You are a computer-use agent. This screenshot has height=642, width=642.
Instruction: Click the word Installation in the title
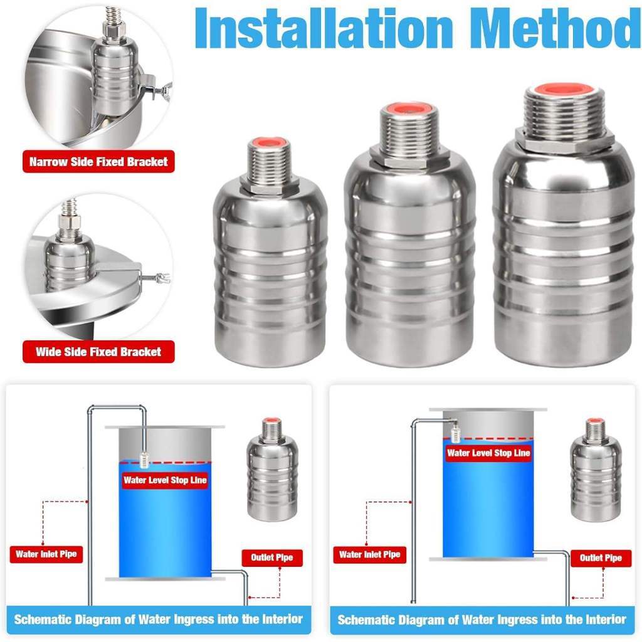(324, 28)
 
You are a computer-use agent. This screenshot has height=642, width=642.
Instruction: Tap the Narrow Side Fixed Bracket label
(98, 162)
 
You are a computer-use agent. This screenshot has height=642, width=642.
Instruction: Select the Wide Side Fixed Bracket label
(98, 352)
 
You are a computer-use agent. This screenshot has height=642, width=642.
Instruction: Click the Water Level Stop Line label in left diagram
(165, 480)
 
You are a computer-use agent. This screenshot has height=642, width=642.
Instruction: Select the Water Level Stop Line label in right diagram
(488, 453)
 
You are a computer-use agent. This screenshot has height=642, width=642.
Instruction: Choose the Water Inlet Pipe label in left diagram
(46, 554)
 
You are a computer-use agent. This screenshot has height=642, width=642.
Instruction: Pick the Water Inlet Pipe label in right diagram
(370, 555)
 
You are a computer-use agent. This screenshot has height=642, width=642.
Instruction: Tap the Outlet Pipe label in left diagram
(272, 557)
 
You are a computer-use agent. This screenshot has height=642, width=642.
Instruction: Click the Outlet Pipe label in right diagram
(601, 558)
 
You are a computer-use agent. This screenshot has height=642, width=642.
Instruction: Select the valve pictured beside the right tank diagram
(596, 470)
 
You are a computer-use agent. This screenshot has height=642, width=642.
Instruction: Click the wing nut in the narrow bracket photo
(166, 88)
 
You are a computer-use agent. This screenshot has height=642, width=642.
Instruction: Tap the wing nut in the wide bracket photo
(165, 278)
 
